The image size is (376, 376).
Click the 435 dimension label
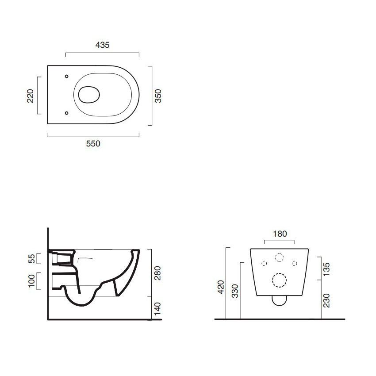pos(102,45)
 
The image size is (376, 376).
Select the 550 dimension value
pos(93,144)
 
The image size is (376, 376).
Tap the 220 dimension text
pos(31,96)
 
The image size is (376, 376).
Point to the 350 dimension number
pos(158,96)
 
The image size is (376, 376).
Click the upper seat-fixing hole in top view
pos(67,76)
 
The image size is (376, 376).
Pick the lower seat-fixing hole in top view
pos(67,113)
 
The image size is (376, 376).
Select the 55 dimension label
pos(32,258)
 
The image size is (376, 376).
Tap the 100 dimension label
pos(32,281)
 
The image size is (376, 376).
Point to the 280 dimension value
pos(157,273)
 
